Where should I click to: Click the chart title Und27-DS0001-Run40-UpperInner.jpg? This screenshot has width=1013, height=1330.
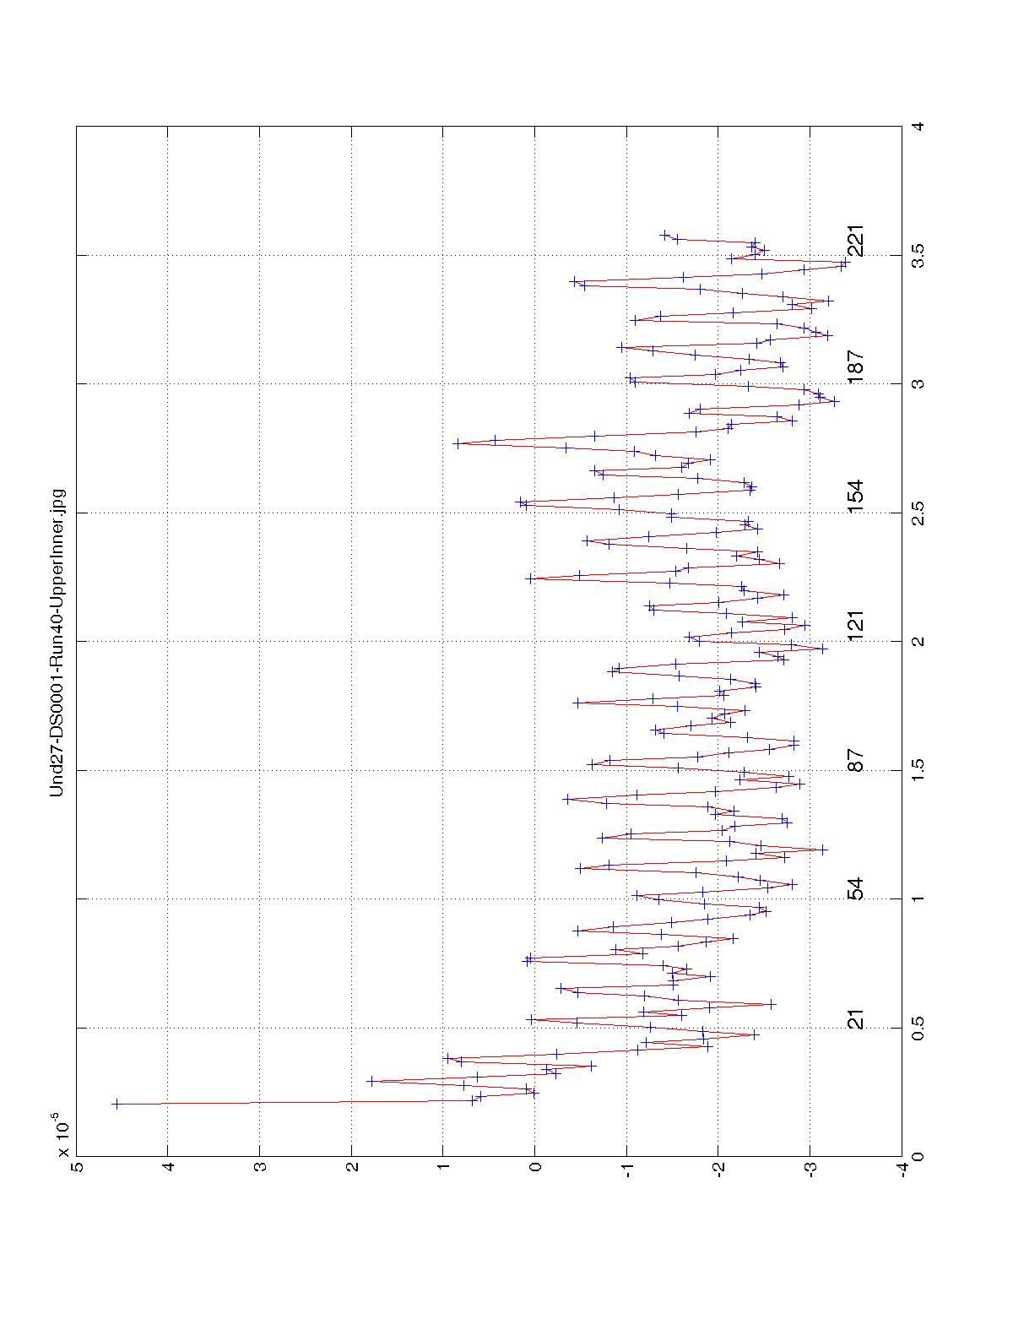point(57,642)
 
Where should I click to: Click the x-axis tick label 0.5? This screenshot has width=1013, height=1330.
point(919,1028)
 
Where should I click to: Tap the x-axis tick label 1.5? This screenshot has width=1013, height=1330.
point(919,770)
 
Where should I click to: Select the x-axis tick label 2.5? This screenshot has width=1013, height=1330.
point(919,513)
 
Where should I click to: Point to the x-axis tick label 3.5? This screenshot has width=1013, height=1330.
point(919,255)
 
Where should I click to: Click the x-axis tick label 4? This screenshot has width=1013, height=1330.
point(919,127)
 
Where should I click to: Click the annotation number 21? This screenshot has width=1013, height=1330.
point(856,1019)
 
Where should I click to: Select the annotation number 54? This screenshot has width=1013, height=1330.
point(856,889)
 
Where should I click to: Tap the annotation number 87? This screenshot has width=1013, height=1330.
point(856,761)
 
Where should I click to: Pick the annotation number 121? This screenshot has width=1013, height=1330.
point(856,626)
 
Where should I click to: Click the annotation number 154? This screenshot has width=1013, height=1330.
point(856,497)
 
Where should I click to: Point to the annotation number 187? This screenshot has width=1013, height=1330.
point(856,368)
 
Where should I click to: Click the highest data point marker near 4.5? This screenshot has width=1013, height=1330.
point(116,1104)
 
